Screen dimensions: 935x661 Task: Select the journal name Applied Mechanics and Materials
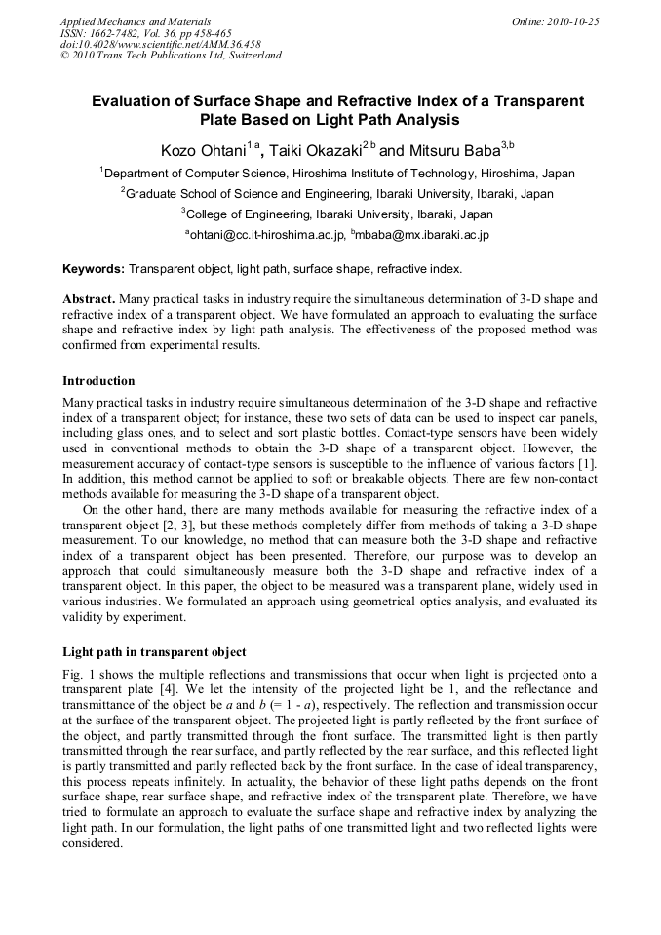[x=136, y=20]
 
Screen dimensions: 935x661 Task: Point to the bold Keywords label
[x=94, y=268]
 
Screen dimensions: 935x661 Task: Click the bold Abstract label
[x=91, y=298]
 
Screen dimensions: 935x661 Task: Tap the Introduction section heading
[x=98, y=380]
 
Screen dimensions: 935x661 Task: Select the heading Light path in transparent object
[x=154, y=651]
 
